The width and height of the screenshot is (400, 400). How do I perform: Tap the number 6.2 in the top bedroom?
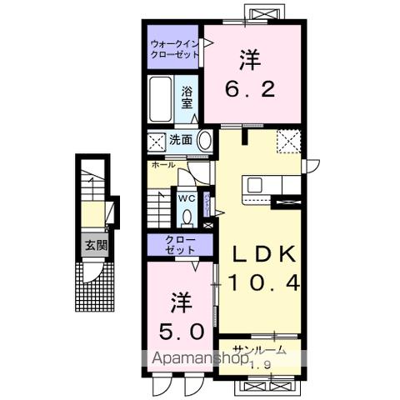point(249,88)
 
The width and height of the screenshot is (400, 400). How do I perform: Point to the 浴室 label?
point(187,98)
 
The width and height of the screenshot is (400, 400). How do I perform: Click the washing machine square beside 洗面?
point(156,140)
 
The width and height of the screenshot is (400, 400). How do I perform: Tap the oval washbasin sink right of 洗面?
point(202,140)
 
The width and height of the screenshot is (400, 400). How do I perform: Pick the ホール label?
point(163,166)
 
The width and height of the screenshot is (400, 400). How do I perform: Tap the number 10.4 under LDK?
point(259,284)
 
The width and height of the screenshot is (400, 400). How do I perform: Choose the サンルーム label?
point(259,350)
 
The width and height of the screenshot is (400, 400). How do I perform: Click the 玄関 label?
point(94,245)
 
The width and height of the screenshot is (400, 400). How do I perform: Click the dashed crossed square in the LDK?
point(289,141)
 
